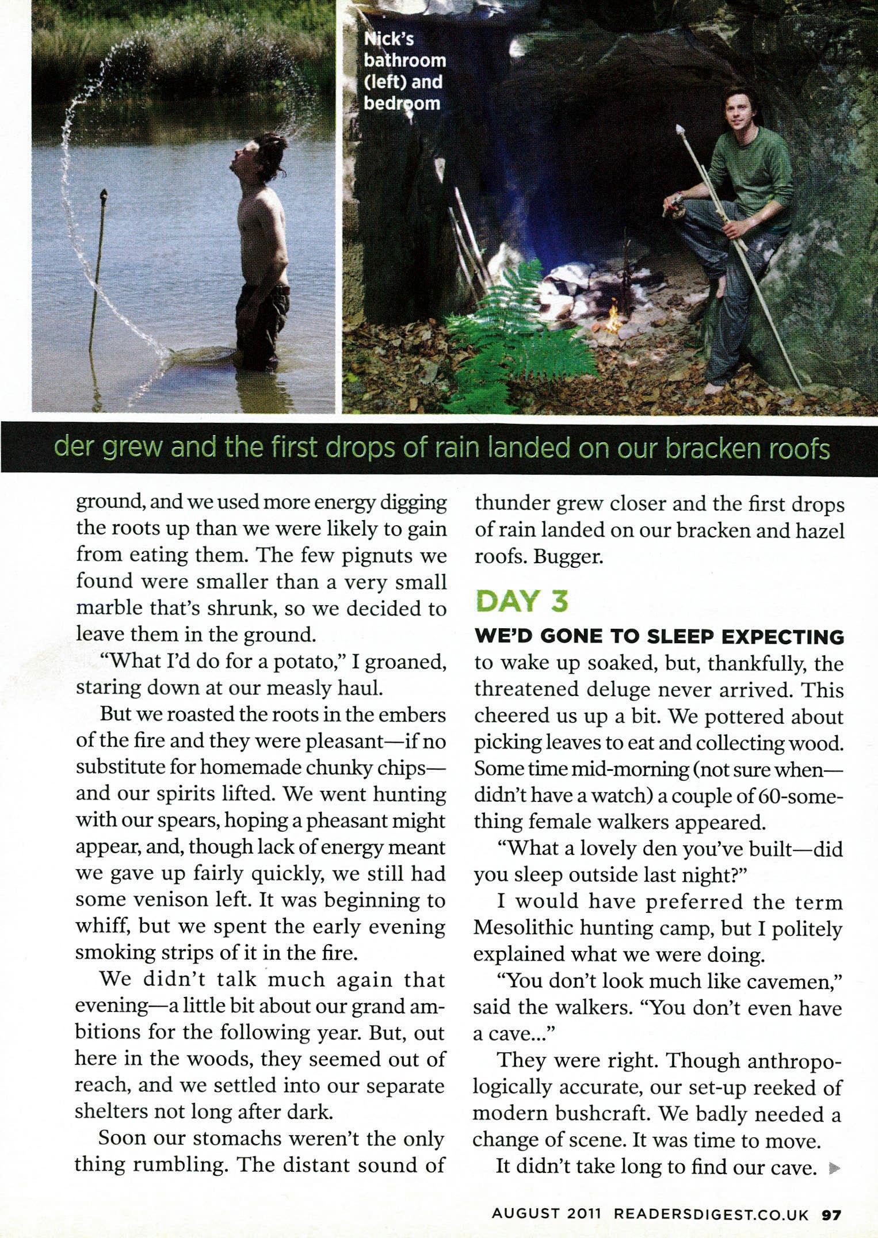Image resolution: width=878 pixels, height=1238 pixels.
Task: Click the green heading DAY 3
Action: click(521, 601)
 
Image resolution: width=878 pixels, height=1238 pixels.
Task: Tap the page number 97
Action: click(831, 1214)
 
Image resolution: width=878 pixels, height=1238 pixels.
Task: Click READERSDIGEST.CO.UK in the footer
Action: click(712, 1214)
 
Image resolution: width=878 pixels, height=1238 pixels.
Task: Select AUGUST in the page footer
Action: click(525, 1214)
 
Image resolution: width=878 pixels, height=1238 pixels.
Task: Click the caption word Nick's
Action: click(390, 39)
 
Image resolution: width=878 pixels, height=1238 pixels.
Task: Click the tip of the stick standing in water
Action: click(104, 194)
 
